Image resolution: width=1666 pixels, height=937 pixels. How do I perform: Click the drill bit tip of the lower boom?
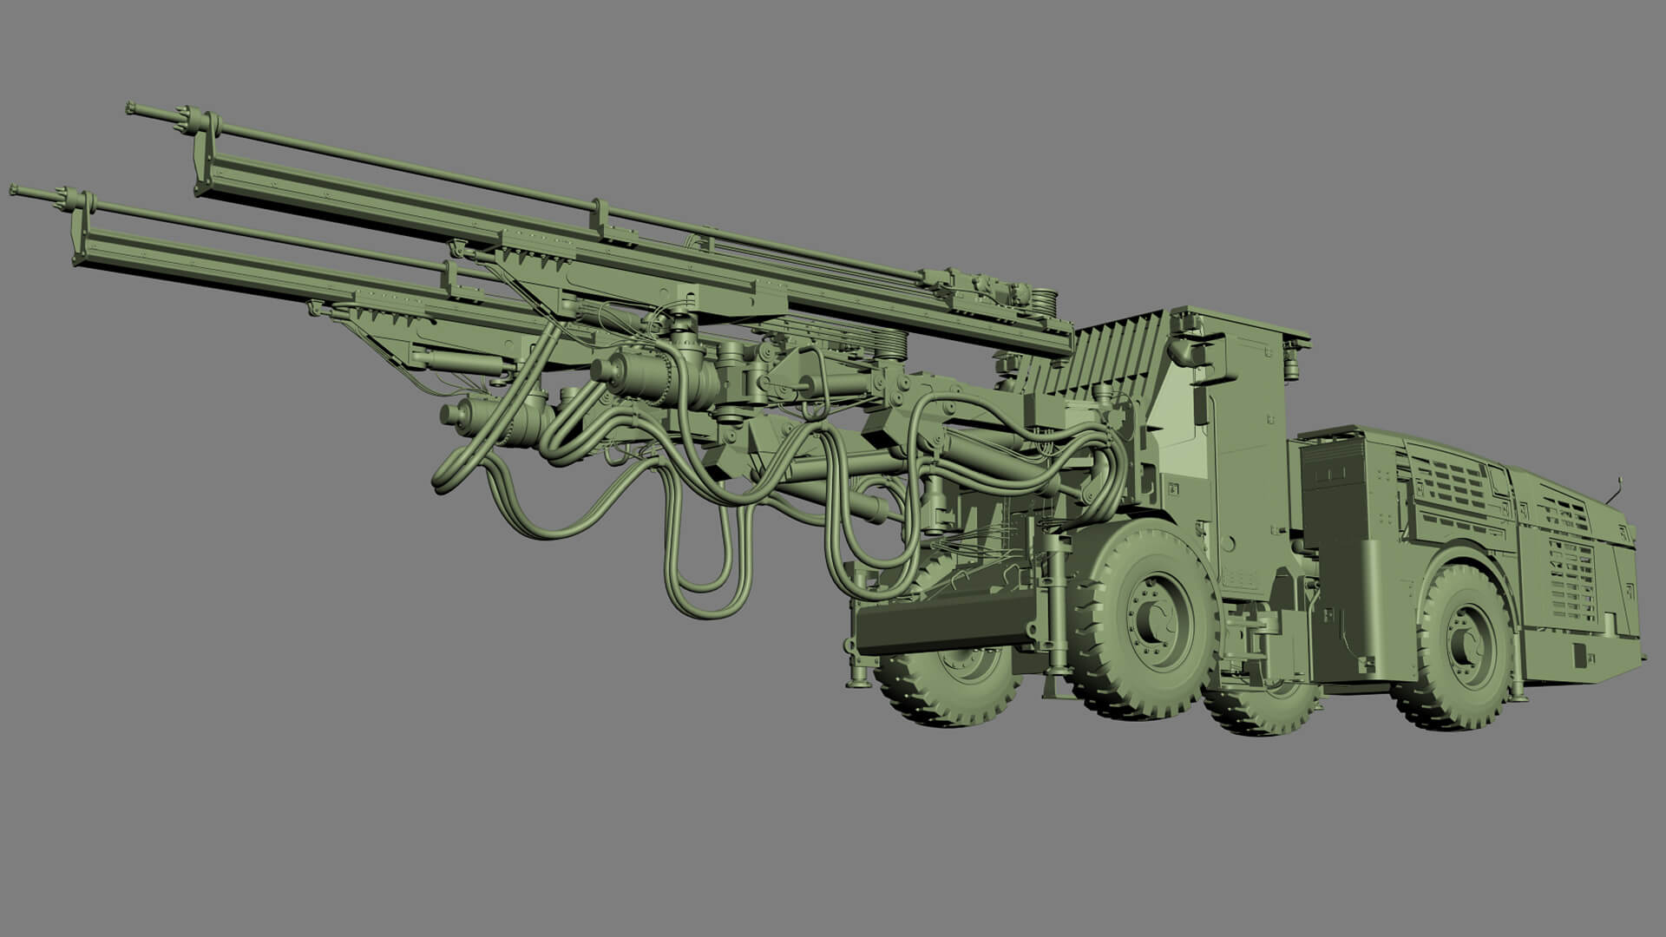(x=15, y=188)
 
